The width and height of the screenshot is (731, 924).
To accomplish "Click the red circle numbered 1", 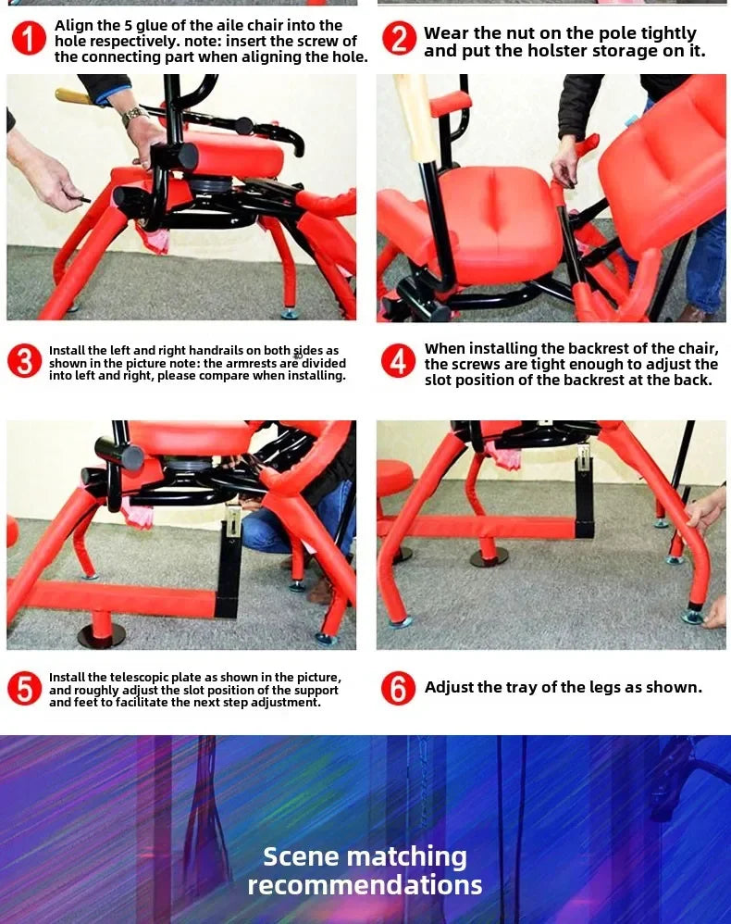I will pyautogui.click(x=29, y=39).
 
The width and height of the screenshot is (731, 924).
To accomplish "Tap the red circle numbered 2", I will pyautogui.click(x=399, y=39).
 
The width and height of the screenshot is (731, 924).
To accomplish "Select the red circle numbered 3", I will pyautogui.click(x=25, y=361).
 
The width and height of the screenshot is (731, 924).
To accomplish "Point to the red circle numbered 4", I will pyautogui.click(x=399, y=361).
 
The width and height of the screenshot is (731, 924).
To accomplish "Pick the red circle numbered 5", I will pyautogui.click(x=25, y=689).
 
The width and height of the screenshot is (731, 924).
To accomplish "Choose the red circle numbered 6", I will pyautogui.click(x=399, y=688).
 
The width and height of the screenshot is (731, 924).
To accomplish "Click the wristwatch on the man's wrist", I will pyautogui.click(x=134, y=116).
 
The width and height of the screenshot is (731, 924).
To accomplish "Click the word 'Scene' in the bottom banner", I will pyautogui.click(x=301, y=856).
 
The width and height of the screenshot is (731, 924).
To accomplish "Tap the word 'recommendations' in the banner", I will pyautogui.click(x=365, y=885).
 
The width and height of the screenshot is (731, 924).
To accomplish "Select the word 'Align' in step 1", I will pyautogui.click(x=74, y=26).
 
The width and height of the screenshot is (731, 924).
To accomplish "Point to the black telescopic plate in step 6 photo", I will pyautogui.click(x=584, y=495).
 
